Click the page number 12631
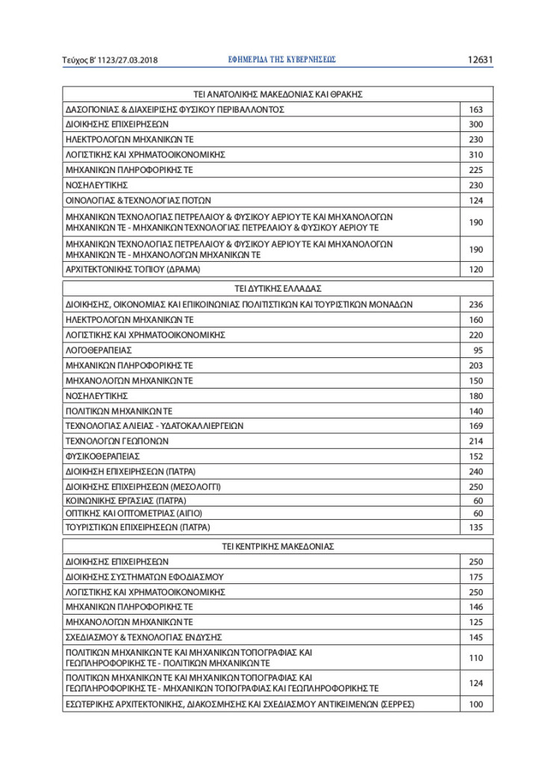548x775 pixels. pos(480,60)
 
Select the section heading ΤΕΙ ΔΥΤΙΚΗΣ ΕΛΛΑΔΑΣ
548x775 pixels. pos(278,288)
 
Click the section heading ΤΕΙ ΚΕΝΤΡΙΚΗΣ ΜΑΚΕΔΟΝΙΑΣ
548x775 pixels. pos(278,546)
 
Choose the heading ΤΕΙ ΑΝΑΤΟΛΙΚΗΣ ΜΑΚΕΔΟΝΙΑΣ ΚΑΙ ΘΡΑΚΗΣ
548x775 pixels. pos(278,95)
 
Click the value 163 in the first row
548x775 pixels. pos(476,110)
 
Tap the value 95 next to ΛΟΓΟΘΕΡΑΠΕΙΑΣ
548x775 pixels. pos(478,350)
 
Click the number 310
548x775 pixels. pos(476,155)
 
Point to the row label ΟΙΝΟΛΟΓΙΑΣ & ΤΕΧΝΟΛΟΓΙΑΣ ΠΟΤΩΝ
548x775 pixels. pos(139,200)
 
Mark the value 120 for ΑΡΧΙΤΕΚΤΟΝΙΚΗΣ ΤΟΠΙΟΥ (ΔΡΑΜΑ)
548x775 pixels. pos(476,269)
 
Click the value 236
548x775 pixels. pos(476,304)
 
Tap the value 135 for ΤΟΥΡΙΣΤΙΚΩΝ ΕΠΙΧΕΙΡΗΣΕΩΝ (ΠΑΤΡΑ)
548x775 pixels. pos(476,527)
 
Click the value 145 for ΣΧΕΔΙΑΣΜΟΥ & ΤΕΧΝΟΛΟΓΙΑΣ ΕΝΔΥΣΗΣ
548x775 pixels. pos(476,638)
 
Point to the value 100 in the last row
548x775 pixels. pos(476,704)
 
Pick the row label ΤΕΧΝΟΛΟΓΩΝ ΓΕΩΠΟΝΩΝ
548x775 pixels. pos(117,441)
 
